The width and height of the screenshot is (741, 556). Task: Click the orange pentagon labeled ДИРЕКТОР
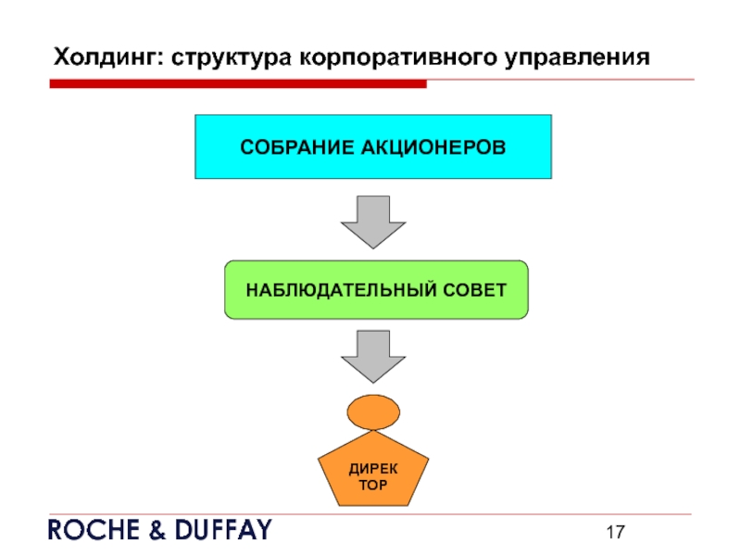point(372,473)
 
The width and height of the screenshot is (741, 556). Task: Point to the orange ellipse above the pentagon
point(373,412)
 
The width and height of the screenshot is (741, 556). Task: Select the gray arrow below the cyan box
point(373,221)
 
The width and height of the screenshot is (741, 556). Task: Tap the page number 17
point(617,532)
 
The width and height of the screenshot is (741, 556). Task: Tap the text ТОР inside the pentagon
point(372,486)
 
